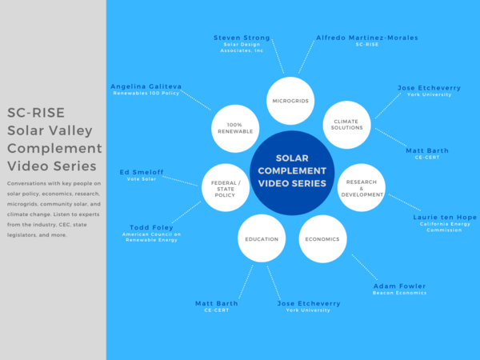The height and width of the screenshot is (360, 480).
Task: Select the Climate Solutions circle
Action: click(x=346, y=123)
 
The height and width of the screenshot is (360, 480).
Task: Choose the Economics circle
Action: click(x=322, y=239)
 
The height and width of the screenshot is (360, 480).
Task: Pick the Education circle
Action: click(x=262, y=239)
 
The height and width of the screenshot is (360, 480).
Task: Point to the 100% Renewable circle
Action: click(x=236, y=128)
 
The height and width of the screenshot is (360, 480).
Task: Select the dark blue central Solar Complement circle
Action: click(x=291, y=172)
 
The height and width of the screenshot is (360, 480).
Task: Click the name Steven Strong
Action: click(x=242, y=38)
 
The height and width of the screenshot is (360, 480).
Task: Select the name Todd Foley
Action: click(x=151, y=227)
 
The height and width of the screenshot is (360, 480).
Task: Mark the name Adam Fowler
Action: click(x=399, y=286)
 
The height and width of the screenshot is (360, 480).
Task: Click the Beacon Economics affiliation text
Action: click(x=399, y=294)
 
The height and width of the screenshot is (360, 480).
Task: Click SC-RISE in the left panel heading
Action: click(x=35, y=112)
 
